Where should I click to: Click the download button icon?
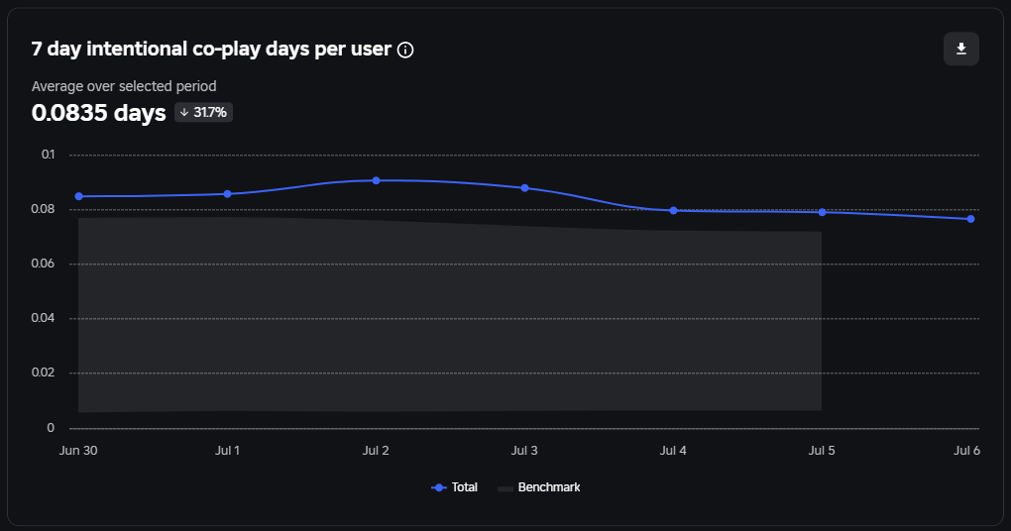point(960,49)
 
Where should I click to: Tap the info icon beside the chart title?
point(405,50)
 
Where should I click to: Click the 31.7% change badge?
point(203,113)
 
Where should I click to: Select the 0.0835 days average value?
point(98,113)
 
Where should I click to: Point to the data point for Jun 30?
point(79,196)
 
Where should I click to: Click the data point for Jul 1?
point(228,194)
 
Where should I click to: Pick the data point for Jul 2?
point(377,180)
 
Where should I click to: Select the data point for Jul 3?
point(524,188)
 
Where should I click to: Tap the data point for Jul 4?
point(673,210)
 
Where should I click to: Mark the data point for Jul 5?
point(822,212)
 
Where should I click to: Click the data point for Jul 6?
point(970,219)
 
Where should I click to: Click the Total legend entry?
point(455,487)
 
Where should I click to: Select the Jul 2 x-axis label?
point(377,451)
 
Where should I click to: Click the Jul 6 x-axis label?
point(965,451)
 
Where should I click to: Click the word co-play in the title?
point(230,50)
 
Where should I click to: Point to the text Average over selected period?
point(124,86)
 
